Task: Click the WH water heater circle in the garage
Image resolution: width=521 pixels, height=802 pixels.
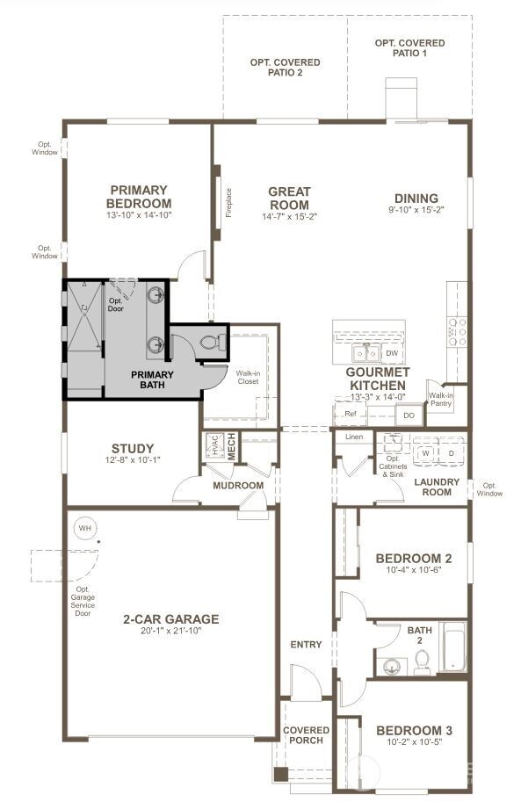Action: (x=85, y=528)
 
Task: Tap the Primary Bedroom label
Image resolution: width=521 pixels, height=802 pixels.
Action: (x=139, y=196)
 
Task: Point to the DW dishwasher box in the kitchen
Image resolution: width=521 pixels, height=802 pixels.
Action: (x=392, y=353)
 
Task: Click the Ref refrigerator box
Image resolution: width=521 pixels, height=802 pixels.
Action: (x=351, y=414)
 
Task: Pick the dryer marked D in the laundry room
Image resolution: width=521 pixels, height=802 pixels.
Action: (x=452, y=453)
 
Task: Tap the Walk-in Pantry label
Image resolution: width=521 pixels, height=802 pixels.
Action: (x=440, y=400)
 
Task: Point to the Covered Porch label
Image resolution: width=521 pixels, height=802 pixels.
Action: (x=307, y=735)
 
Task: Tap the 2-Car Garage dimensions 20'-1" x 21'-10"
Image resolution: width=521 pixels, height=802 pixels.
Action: (x=171, y=632)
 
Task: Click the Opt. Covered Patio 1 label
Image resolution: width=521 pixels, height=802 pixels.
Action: (x=409, y=47)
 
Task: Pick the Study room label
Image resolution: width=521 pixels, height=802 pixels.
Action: (x=133, y=449)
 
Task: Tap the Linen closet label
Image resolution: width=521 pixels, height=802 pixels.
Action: (x=354, y=437)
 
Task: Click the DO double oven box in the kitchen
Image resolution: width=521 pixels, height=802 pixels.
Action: (x=409, y=415)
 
